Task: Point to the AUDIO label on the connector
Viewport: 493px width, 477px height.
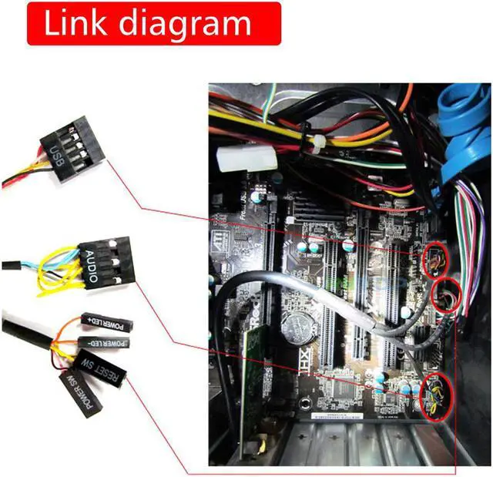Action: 92,267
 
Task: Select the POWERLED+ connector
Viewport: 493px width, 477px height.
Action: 106,323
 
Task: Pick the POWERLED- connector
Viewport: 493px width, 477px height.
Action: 104,342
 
